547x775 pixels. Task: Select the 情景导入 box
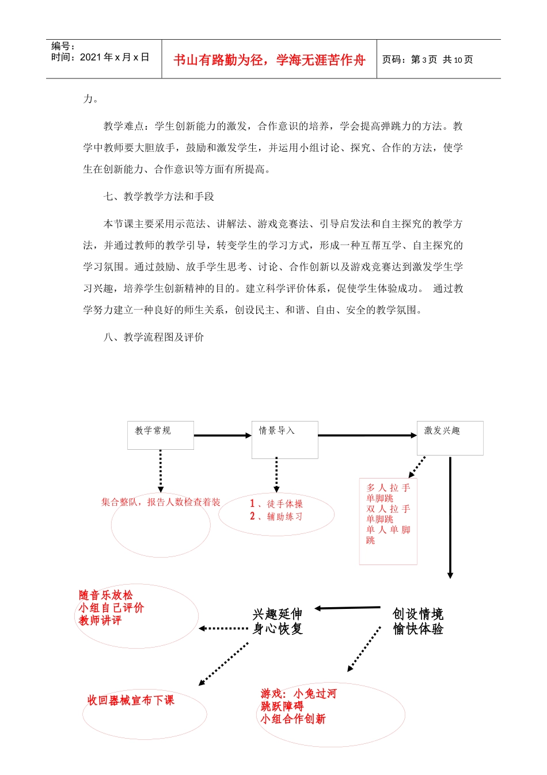[x=284, y=439]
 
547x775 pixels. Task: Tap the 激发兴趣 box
[x=450, y=438]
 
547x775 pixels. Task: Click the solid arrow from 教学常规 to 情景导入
[x=222, y=435]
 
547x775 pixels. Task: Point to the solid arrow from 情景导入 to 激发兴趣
[x=367, y=435]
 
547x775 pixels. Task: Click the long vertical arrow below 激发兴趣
[x=450, y=517]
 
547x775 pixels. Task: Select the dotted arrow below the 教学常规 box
[x=161, y=471]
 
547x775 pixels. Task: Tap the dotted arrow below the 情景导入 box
[x=276, y=475]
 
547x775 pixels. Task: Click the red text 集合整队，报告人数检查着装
[x=161, y=502]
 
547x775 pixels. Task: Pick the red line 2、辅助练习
[x=276, y=517]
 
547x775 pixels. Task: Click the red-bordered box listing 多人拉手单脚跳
[x=388, y=521]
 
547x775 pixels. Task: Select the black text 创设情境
[x=418, y=614]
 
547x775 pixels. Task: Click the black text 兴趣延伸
[x=278, y=614]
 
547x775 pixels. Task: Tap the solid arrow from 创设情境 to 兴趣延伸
[x=347, y=608]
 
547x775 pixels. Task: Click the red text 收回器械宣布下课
[x=131, y=700]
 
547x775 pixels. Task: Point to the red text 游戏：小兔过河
[x=298, y=694]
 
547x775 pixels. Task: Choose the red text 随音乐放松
[x=106, y=595]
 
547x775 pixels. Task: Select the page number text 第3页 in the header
[x=424, y=59]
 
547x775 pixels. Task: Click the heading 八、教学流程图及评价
[x=154, y=337]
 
